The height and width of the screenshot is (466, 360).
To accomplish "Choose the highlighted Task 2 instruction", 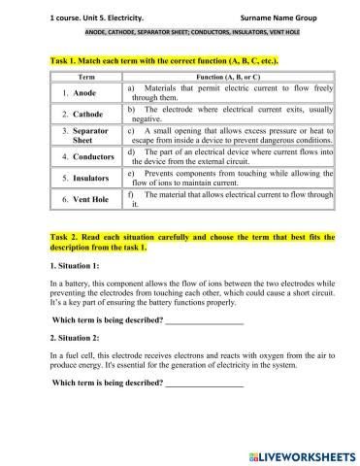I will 179,241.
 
